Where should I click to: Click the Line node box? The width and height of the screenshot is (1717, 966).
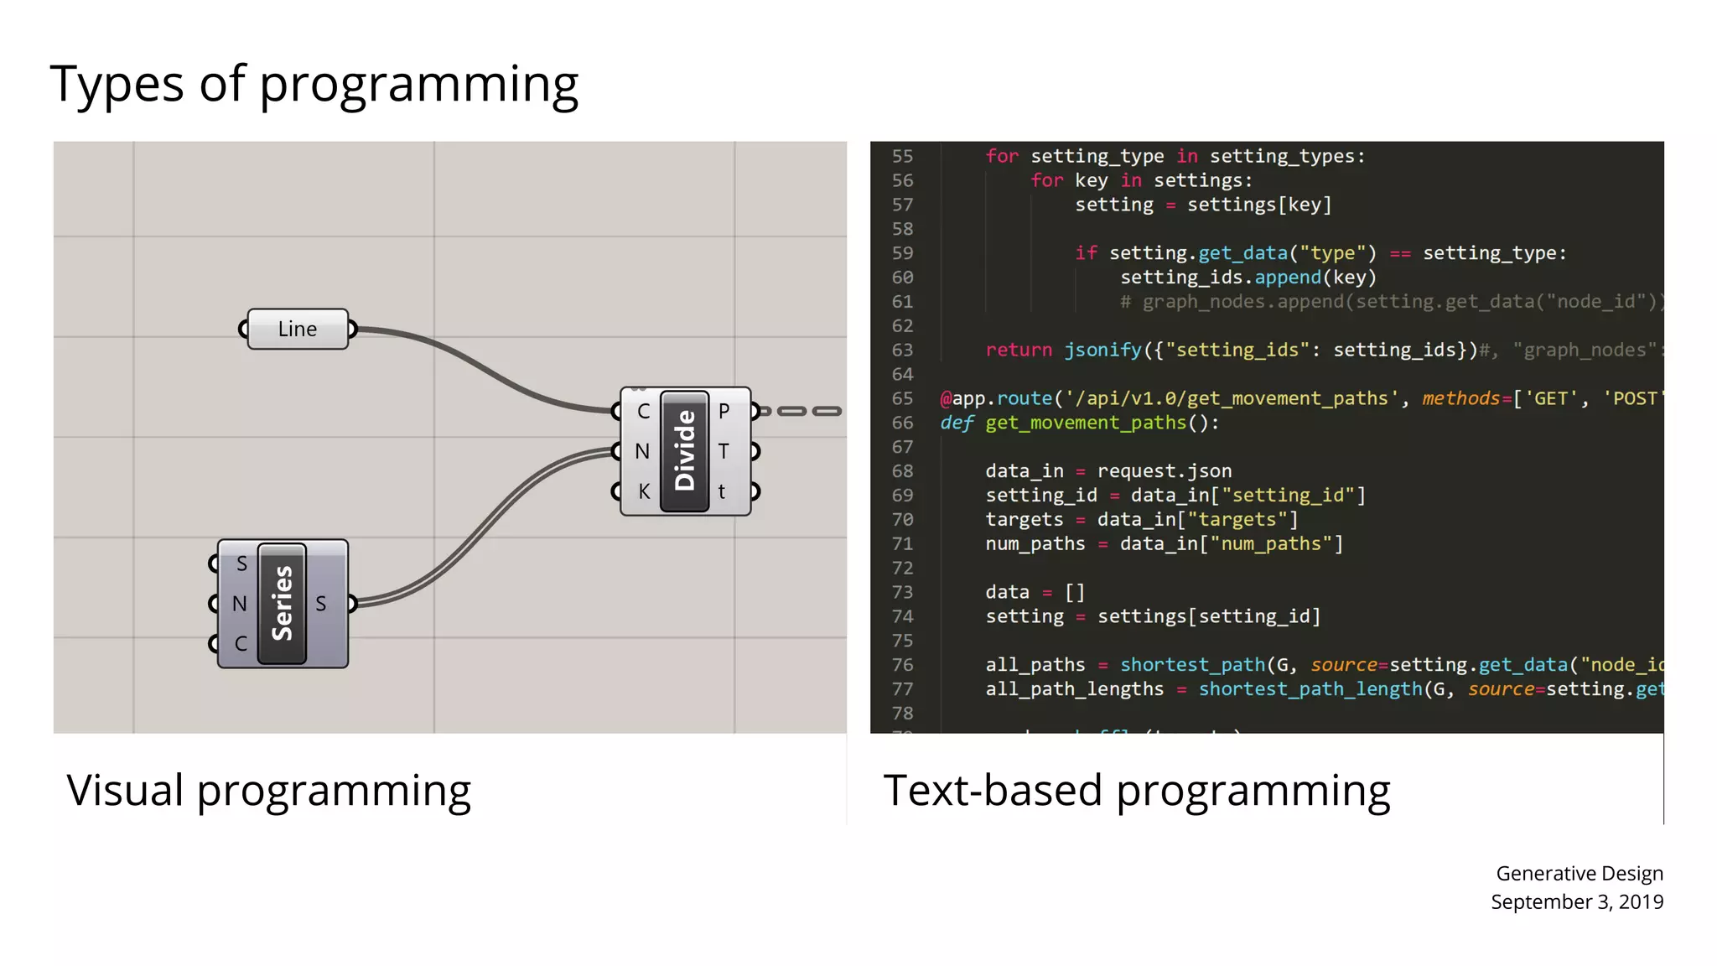point(297,329)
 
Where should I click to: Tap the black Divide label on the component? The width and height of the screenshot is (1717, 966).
point(685,450)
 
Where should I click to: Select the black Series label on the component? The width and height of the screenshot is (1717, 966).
point(283,603)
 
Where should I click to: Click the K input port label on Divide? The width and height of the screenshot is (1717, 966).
point(643,491)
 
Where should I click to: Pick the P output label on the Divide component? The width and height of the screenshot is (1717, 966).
point(724,411)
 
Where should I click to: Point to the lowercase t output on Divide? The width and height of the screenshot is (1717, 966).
point(722,491)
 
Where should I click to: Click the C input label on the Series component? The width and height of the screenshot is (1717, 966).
point(241,643)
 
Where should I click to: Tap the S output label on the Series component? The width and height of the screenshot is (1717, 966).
point(321,603)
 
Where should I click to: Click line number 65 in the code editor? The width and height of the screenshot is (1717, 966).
point(902,398)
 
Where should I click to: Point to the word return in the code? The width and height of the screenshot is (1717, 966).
point(1019,350)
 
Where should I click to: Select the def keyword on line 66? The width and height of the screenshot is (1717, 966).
point(957,423)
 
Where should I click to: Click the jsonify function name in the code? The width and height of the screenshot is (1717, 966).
point(1102,350)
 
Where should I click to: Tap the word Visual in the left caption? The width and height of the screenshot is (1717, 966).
point(125,791)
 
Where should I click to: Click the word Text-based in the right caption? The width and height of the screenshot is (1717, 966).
point(993,791)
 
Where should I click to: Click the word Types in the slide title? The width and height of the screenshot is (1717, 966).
point(117,84)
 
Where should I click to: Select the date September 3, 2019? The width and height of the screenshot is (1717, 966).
point(1576,901)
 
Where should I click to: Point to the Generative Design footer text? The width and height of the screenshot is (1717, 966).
point(1579,873)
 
